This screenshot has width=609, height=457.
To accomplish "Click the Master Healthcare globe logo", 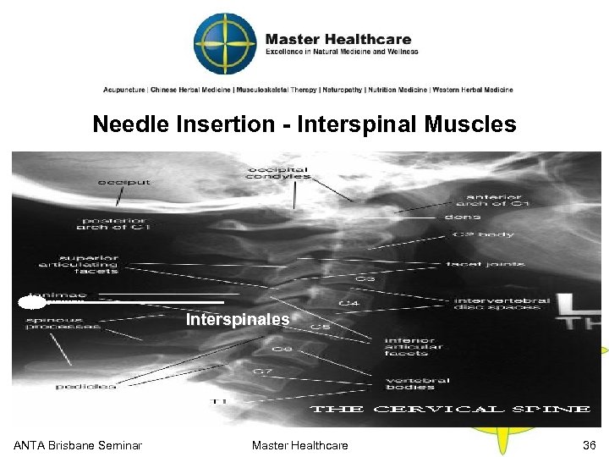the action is click(225, 43).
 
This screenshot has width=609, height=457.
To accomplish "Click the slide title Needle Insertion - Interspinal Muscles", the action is click(304, 124).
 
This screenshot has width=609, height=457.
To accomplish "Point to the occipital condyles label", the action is click(277, 172).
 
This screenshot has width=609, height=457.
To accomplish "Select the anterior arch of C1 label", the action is click(492, 198).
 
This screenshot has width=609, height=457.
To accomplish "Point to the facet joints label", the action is click(486, 264).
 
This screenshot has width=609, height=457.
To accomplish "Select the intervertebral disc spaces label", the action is click(502, 304).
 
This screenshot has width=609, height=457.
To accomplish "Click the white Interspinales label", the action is click(238, 320).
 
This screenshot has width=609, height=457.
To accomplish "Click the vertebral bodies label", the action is click(418, 383).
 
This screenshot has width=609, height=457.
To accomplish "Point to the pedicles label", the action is click(85, 386).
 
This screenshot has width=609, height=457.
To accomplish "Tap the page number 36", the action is click(589, 445).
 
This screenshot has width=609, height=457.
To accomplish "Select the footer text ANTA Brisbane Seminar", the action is click(78, 445).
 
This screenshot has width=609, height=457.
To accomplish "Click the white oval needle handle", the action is click(31, 301).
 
